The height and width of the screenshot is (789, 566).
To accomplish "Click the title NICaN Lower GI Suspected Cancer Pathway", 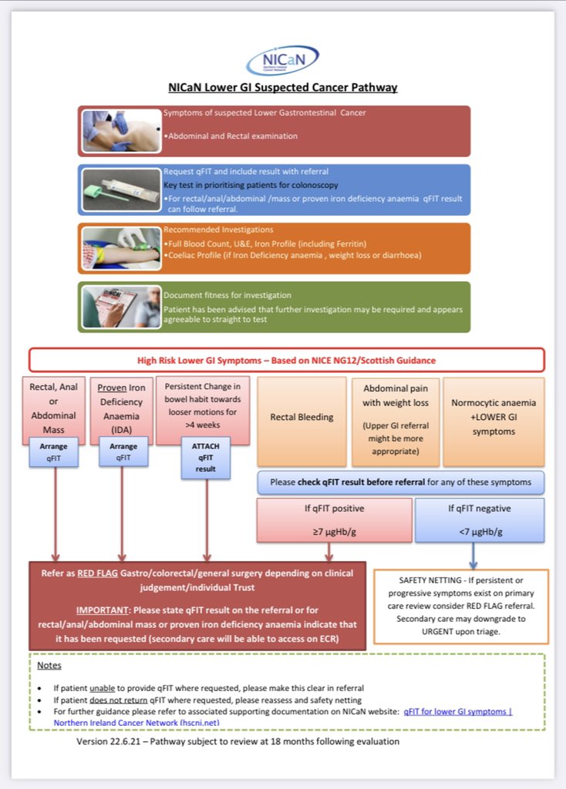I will [x=283, y=87].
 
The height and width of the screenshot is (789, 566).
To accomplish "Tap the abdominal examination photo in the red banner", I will [x=120, y=130].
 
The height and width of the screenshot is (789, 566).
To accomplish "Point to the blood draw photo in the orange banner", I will [x=120, y=248].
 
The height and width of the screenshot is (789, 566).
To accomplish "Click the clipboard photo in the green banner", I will [x=120, y=307].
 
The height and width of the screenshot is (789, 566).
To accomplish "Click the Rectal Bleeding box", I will [x=301, y=417].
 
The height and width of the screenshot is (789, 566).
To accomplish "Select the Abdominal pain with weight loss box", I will [x=395, y=421].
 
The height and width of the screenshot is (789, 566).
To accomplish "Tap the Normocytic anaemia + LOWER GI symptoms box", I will [x=493, y=417].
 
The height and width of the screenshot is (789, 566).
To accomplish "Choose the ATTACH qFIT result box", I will [x=206, y=457].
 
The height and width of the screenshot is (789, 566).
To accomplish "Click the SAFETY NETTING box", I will [x=460, y=606].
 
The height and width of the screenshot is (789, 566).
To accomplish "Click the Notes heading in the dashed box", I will [x=49, y=665].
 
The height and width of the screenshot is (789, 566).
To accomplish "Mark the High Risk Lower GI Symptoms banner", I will [x=286, y=360].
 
